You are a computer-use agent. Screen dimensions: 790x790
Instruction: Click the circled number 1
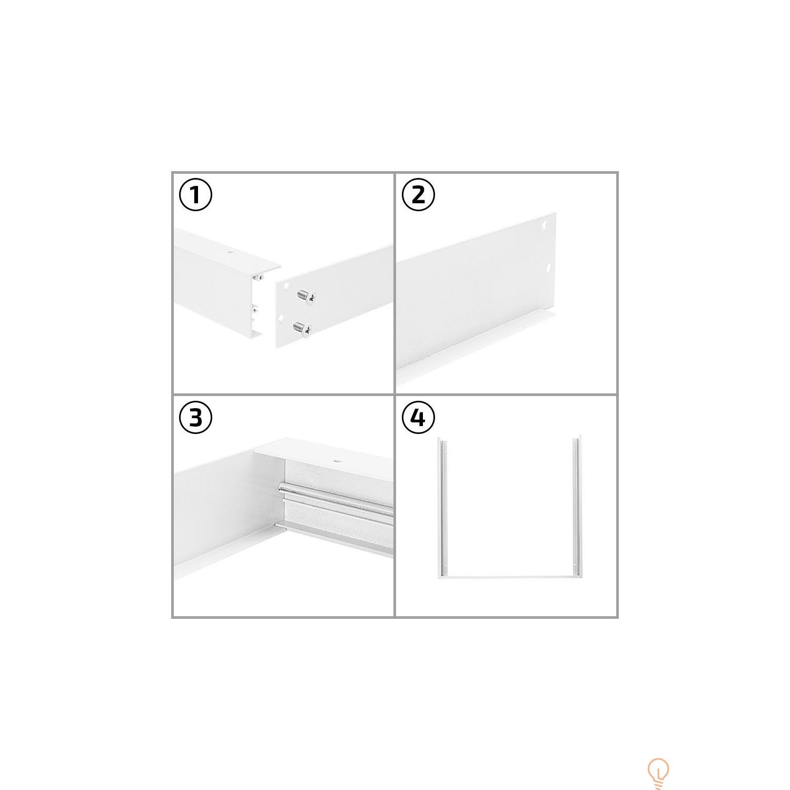(195, 195)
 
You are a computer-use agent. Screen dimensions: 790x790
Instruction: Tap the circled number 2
(418, 195)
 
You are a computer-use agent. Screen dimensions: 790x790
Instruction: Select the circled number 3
(195, 418)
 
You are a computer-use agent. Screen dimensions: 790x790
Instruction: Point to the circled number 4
(418, 418)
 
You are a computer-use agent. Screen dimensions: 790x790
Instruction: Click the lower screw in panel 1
(302, 329)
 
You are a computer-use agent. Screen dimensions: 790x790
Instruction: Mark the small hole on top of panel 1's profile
(230, 252)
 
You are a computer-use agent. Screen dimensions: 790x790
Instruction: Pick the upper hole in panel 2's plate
(545, 228)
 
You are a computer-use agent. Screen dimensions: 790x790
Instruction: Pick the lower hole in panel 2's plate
(548, 268)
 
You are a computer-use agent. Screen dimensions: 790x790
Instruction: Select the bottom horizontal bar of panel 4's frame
(509, 577)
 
